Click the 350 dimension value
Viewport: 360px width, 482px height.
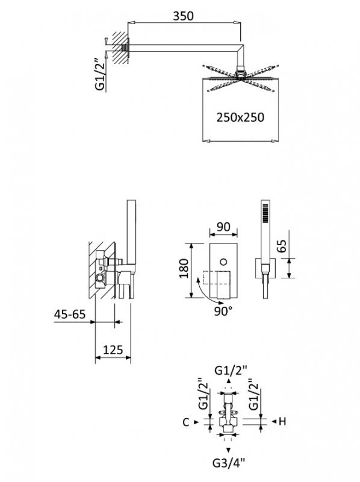pyautogui.click(x=184, y=16)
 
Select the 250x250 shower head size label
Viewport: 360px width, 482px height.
pyautogui.click(x=240, y=117)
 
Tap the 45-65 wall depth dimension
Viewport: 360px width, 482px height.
pyautogui.click(x=70, y=314)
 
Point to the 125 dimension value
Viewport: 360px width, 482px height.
pyautogui.click(x=113, y=350)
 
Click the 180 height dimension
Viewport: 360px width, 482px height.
pyautogui.click(x=184, y=268)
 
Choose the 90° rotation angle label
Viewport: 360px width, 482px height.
pyautogui.click(x=223, y=311)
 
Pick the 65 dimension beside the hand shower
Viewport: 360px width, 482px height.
pyautogui.click(x=281, y=246)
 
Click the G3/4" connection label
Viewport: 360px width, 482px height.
pyautogui.click(x=229, y=462)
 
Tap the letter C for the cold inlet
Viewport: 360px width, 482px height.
pyautogui.click(x=186, y=422)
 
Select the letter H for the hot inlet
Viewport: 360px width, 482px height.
pyautogui.click(x=282, y=421)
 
